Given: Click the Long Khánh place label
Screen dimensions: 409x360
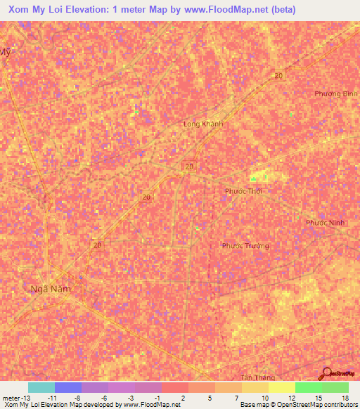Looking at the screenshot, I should tap(203, 124).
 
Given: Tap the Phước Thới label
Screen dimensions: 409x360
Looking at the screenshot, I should tap(243, 191).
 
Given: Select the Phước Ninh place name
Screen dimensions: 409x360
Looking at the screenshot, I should tap(325, 223).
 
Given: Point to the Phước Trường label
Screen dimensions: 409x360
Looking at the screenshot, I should tap(245, 246).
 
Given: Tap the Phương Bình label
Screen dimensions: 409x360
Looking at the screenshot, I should tap(337, 93).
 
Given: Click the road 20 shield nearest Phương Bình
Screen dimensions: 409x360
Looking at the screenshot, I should tap(279, 75).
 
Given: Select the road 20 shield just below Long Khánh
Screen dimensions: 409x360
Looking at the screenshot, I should tap(189, 166).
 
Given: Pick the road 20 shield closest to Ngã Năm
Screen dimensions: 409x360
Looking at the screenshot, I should tap(98, 245).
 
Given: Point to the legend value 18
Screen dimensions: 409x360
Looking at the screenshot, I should tap(345, 397).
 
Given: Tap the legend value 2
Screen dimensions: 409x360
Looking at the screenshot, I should tap(183, 397).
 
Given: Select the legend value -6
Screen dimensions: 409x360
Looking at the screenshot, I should tap(103, 397).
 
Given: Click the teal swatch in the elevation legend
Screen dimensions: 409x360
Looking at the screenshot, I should tap(41, 387).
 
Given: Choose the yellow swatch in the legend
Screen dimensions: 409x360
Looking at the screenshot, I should tap(281, 387).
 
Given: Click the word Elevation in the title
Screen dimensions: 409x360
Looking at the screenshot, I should tap(85, 10).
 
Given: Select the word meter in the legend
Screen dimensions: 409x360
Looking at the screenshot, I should tap(10, 397).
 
